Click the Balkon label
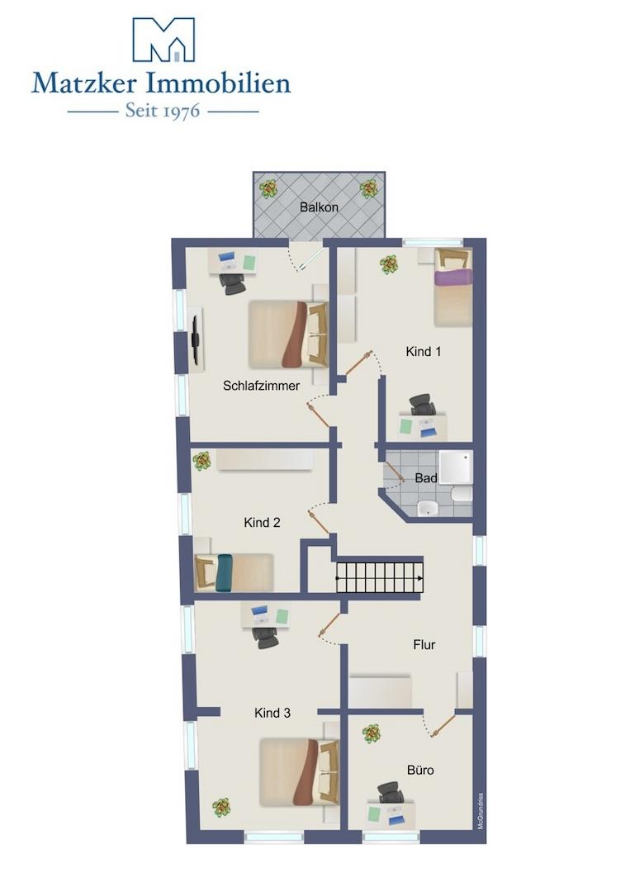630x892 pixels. click(x=319, y=207)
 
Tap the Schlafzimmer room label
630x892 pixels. click(x=261, y=386)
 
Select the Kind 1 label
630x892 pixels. click(x=423, y=352)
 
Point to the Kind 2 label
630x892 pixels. click(x=262, y=522)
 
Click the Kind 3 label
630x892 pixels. click(x=272, y=713)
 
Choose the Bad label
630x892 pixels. click(x=426, y=478)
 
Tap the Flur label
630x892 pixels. click(x=424, y=644)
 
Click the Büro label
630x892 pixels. click(x=420, y=771)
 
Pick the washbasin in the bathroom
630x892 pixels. click(x=428, y=508)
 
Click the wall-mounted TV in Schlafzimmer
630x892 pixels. click(x=196, y=340)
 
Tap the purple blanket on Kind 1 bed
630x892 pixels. click(x=454, y=278)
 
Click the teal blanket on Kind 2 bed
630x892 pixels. click(x=223, y=573)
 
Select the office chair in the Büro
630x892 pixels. click(x=391, y=792)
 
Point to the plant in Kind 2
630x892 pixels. click(x=201, y=460)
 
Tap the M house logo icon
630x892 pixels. click(x=163, y=40)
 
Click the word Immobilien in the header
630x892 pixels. click(x=219, y=83)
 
